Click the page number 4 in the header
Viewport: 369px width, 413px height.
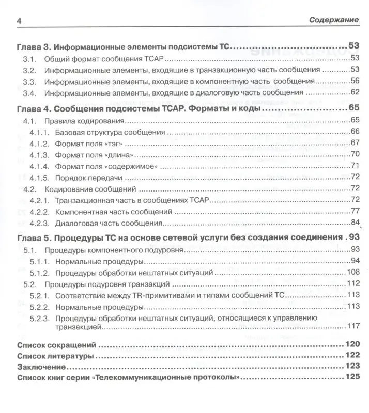point(19,21)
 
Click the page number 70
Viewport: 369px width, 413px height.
point(354,154)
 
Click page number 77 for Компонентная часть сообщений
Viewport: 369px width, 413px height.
point(354,211)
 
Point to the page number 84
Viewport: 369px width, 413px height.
point(354,223)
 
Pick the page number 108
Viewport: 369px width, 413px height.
point(352,272)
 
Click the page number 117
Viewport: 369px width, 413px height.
point(352,326)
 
